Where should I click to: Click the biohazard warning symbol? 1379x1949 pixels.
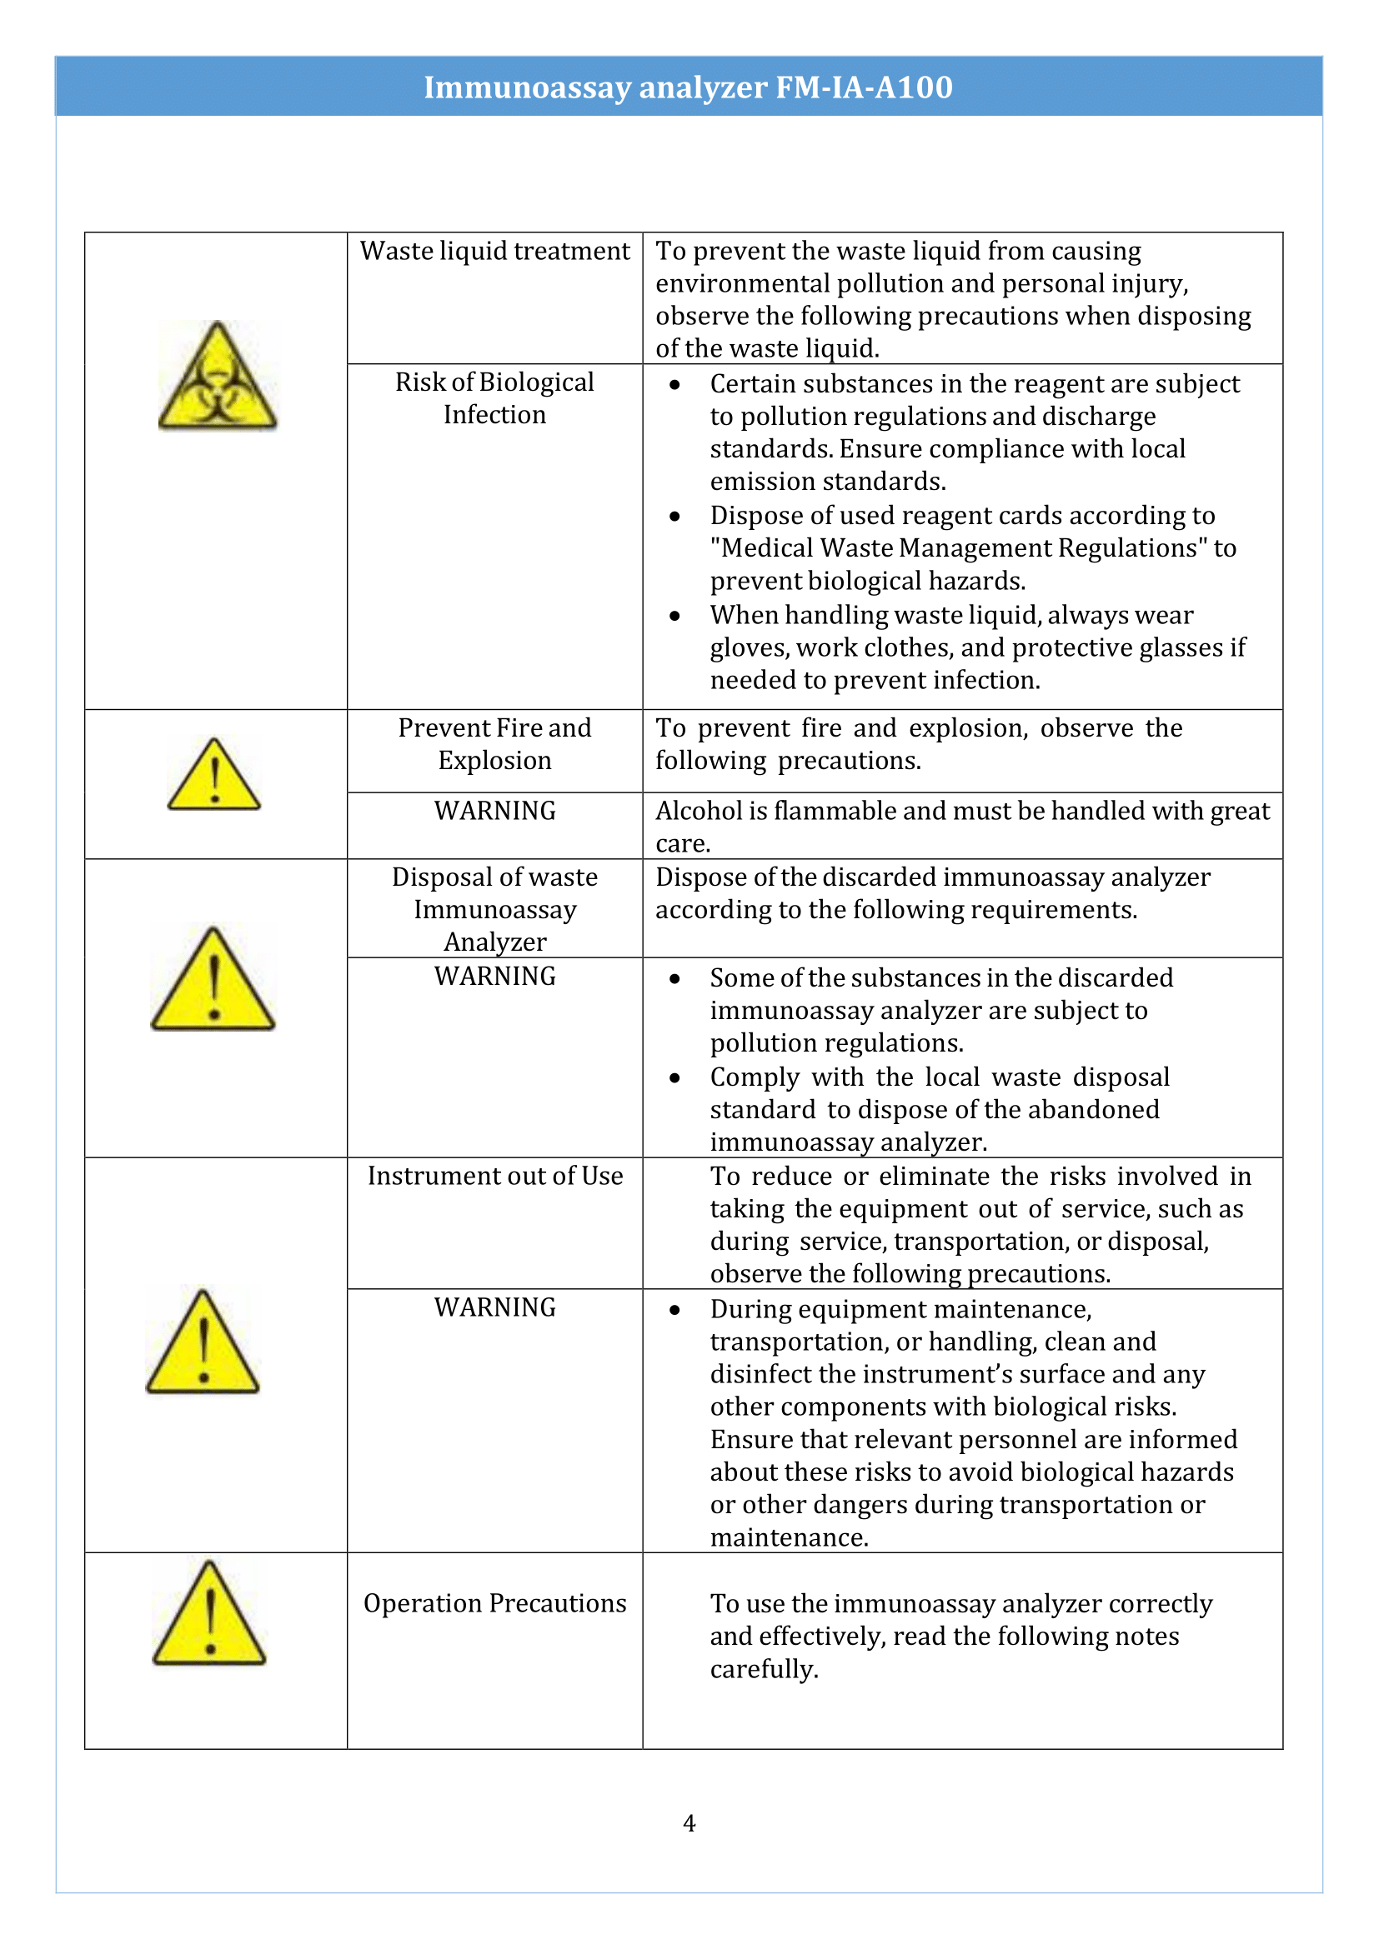(x=218, y=377)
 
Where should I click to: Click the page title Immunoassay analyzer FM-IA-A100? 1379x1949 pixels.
(x=688, y=87)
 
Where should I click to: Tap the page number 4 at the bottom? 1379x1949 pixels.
(x=689, y=1823)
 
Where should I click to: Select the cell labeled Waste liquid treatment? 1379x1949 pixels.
(x=494, y=252)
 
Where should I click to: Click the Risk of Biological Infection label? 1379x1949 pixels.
(x=494, y=398)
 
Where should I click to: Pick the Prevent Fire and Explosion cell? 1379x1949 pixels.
(x=494, y=743)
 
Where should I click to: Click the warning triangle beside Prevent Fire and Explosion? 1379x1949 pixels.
(x=214, y=776)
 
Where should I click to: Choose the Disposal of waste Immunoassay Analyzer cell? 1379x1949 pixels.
(x=494, y=909)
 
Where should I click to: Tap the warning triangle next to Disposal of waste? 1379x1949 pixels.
(x=213, y=982)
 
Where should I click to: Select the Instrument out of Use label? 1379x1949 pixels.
(x=494, y=1176)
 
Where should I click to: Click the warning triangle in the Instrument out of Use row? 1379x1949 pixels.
(x=203, y=1344)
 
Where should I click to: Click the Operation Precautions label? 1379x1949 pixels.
(x=494, y=1602)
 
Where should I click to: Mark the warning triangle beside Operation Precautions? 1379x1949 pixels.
(x=209, y=1615)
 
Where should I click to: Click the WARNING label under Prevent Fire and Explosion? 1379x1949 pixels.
(x=494, y=811)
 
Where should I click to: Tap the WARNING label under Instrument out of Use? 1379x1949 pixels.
(x=494, y=1307)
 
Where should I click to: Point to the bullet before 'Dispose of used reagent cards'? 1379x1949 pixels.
(x=674, y=516)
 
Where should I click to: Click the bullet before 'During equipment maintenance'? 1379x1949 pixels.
(x=674, y=1310)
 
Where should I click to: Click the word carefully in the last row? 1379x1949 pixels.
(x=764, y=1669)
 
